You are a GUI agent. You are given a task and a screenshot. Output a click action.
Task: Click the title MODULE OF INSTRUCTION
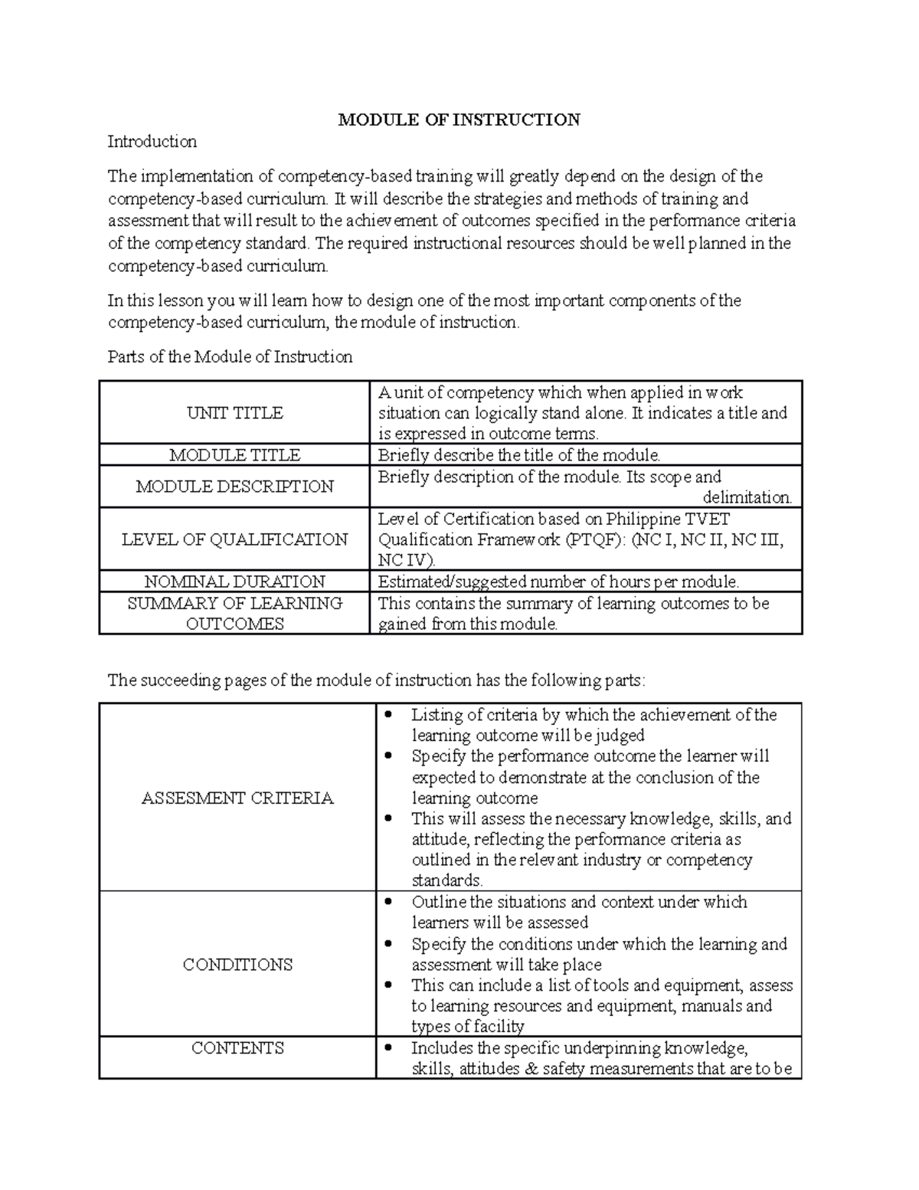[x=459, y=120]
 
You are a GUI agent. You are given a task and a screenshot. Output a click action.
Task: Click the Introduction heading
[x=152, y=142]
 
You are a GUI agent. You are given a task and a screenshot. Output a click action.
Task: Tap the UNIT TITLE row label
[x=234, y=413]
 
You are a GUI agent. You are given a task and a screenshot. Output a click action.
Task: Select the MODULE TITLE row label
[x=234, y=455]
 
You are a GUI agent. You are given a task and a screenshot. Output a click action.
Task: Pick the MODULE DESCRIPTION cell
[x=234, y=487]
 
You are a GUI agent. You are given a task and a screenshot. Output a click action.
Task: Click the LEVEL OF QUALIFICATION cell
[x=234, y=539]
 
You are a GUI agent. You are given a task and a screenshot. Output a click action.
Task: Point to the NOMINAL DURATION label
[x=234, y=582]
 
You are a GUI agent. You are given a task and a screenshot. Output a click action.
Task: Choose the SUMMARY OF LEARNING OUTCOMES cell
[x=234, y=613]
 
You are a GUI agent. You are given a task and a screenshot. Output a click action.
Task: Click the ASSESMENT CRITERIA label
[x=237, y=798]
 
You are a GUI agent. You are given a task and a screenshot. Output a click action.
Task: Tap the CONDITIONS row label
[x=237, y=965]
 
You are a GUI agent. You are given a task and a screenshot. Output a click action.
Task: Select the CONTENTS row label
[x=237, y=1048]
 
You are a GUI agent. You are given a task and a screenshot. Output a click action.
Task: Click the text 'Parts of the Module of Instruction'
[x=230, y=357]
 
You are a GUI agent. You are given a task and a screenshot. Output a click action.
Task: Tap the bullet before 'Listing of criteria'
[x=390, y=715]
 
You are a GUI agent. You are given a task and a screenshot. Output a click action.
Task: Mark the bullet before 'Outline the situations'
[x=390, y=903]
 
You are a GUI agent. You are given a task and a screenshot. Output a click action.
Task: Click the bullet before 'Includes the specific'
[x=390, y=1048]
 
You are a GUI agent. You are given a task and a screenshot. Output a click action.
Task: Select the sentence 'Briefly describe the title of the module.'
[x=518, y=455]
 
